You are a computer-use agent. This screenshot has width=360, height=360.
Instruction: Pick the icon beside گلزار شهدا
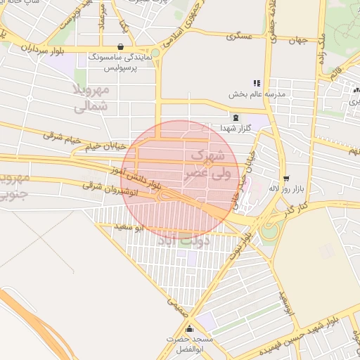tap(235, 118)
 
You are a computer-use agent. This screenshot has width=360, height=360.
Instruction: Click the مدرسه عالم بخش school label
tap(256, 94)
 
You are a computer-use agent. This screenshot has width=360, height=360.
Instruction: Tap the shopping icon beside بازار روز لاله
tap(285, 179)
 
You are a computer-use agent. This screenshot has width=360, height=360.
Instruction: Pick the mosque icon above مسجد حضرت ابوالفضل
tap(188, 328)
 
